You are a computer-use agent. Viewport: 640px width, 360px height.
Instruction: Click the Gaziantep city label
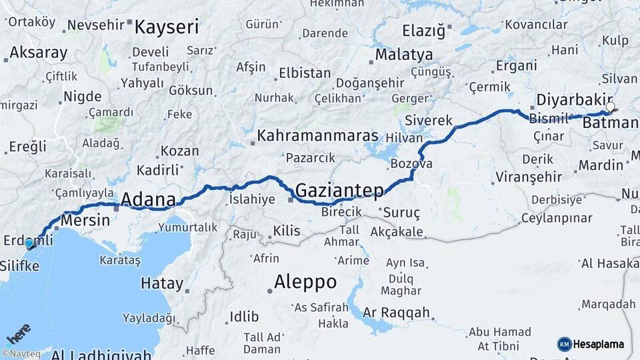pyautogui.click(x=339, y=191)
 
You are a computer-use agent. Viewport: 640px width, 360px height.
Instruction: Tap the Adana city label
pyautogui.click(x=148, y=199)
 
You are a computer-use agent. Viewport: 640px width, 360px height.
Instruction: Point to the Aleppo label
pyautogui.click(x=305, y=281)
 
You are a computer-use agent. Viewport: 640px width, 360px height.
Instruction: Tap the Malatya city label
pyautogui.click(x=404, y=54)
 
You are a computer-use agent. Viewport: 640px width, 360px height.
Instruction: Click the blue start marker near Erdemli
pyautogui.click(x=29, y=243)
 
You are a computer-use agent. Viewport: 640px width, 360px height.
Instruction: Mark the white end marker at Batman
pyautogui.click(x=610, y=107)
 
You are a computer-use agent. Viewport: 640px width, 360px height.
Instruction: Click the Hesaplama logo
pyautogui.click(x=591, y=344)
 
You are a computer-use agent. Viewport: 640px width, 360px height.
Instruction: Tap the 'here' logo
pyautogui.click(x=18, y=333)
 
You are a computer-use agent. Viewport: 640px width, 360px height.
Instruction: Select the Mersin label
pyautogui.click(x=85, y=220)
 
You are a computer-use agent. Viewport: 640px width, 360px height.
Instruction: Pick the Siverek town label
pyautogui.click(x=429, y=121)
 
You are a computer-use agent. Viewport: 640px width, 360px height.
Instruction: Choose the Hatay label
pyautogui.click(x=161, y=283)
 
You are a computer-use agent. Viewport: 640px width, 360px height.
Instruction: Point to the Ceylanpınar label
pyautogui.click(x=556, y=218)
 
